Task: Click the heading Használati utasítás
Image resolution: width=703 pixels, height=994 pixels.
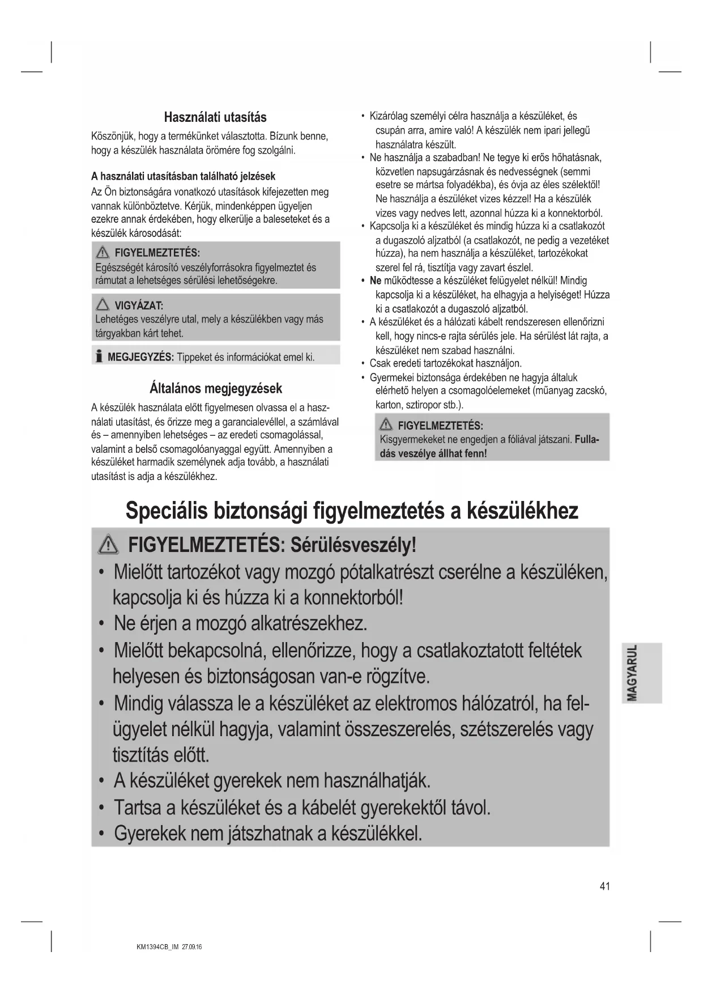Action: [x=215, y=117]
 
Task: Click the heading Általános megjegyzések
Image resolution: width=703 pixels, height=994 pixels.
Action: [x=215, y=389]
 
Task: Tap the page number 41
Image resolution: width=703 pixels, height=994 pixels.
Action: [x=604, y=886]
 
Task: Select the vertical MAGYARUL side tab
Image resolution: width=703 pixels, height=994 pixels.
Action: [x=641, y=672]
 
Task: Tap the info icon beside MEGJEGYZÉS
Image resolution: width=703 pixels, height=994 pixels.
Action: [x=99, y=356]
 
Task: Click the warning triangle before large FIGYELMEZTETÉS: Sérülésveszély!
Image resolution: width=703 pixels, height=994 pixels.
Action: [x=108, y=546]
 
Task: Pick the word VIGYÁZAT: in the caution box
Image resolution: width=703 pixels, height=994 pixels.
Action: [x=139, y=306]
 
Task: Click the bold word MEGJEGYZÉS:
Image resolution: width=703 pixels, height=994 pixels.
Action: [x=140, y=357]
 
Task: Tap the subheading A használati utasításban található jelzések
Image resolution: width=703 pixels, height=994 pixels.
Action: [x=183, y=176]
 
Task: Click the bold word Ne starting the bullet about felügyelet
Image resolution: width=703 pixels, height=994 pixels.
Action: [x=375, y=281]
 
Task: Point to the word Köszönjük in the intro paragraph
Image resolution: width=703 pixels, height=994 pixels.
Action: [x=113, y=137]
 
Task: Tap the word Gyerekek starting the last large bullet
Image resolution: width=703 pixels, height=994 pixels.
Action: [x=150, y=834]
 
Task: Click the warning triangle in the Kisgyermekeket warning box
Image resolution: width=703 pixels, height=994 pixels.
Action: [x=387, y=425]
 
